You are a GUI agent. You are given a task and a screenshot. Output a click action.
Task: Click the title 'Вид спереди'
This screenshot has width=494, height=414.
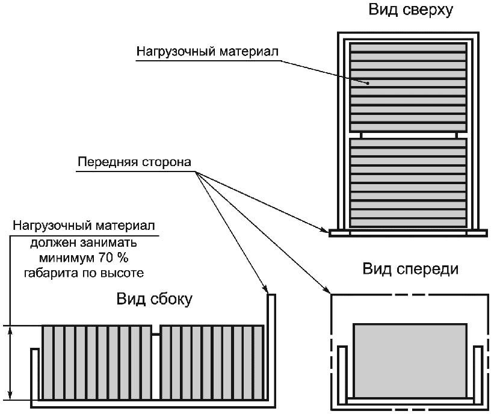pos(410,268)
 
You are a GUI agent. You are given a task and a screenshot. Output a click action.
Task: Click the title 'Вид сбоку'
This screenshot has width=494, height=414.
pos(155,299)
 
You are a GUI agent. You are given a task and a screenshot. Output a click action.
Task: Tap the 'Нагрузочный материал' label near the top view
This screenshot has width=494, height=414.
pos(208,52)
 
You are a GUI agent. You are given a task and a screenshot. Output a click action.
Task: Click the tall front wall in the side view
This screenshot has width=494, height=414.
pos(271,349)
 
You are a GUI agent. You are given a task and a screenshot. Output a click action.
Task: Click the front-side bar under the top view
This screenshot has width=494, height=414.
pos(408,232)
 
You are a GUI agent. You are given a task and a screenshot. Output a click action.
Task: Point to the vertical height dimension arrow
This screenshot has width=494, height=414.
pos(10,363)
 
